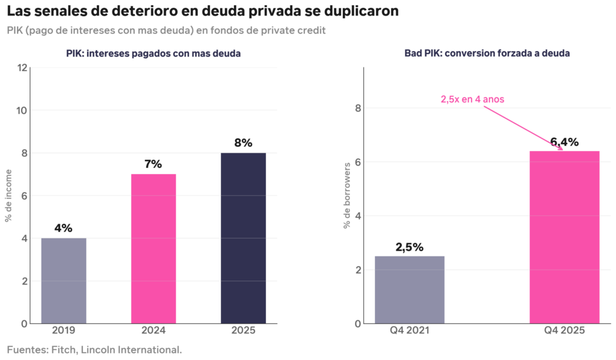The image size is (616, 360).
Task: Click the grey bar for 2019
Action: pos(63,281)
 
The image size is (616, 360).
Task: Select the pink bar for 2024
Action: pos(153,249)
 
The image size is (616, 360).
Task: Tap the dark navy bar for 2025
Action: pos(243,238)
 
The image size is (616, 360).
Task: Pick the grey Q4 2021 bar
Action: pos(409,290)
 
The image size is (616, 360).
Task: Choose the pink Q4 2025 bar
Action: pos(564,237)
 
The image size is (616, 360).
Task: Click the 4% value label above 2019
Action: pos(63,228)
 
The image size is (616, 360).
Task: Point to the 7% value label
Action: pos(153,164)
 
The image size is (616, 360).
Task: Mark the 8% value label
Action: pos(243,143)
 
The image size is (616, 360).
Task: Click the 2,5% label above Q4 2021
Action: pos(409,247)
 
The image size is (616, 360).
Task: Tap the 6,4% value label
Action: pos(564,142)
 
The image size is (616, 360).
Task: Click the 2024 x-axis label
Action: pos(153,331)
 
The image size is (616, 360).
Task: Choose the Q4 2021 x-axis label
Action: pos(409,331)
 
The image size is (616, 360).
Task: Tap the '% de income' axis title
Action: pos(8,196)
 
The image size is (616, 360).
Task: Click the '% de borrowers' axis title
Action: pos(347,196)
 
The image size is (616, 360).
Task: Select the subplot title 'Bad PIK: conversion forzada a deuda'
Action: pos(487,54)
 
